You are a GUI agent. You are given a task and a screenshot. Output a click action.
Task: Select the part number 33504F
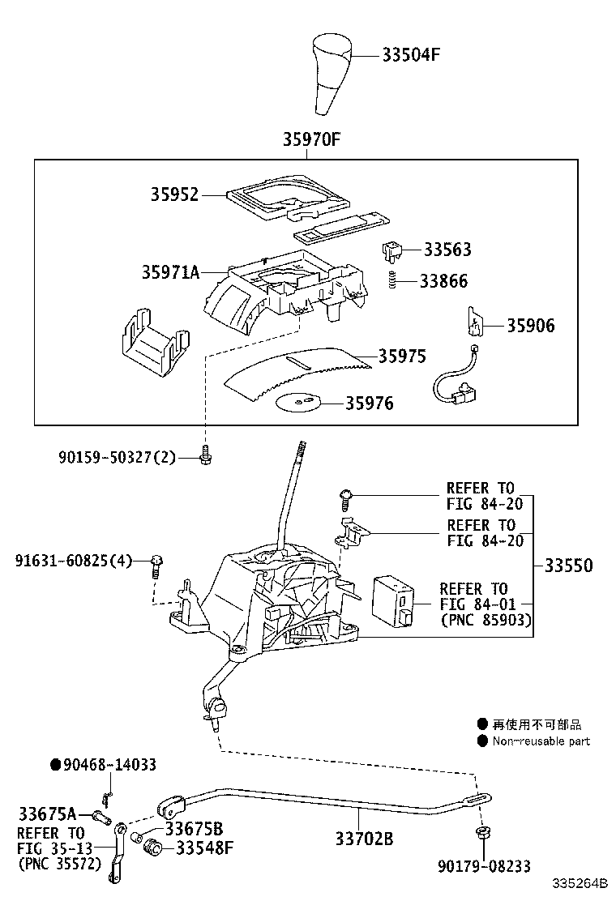[411, 55]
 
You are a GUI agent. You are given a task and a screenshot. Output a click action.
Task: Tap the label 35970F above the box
[310, 139]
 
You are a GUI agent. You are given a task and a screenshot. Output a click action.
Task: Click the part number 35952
[174, 194]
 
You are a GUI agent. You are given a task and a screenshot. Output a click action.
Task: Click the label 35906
[530, 326]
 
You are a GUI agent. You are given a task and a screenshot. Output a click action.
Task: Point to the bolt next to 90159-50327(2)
[206, 457]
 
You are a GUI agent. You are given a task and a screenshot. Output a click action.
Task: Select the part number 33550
[567, 566]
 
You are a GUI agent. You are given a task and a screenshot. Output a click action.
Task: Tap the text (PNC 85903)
[486, 621]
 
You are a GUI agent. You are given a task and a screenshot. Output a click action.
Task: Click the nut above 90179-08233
[482, 834]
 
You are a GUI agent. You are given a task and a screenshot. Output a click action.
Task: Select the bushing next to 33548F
[151, 848]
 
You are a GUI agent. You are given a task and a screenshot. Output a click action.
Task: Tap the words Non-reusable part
[541, 741]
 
